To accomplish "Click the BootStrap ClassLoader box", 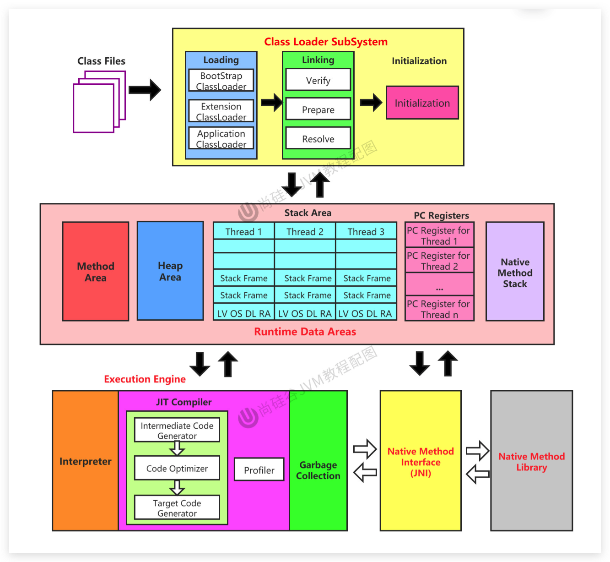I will pos(221,81).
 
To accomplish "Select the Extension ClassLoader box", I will pos(221,111).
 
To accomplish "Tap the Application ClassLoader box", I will pos(221,138).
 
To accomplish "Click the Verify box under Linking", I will pos(318,80).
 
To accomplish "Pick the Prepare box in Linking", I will pos(318,109).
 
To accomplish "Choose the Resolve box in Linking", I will pos(318,138).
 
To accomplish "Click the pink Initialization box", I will pos(422,103).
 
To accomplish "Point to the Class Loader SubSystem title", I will pos(326,42).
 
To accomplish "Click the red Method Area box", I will pos(96,272).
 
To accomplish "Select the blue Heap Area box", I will pos(170,271).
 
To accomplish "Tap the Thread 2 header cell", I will pos(305,231).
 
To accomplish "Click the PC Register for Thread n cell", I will pos(439,309).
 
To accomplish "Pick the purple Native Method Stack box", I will pos(515,272).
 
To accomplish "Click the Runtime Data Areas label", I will pos(305,332).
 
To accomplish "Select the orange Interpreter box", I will pos(86,461).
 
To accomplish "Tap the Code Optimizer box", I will pos(177,468).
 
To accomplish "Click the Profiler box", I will pos(259,470).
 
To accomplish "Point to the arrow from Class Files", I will pos(145,90).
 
